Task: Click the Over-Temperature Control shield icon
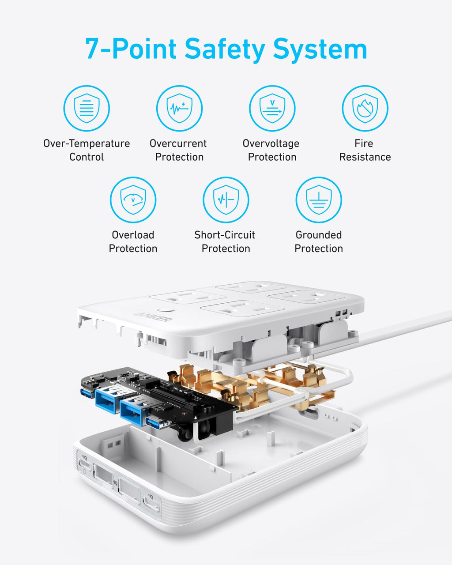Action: pos(87,108)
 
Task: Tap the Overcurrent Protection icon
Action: pos(179,108)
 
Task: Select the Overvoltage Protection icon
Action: pos(272,108)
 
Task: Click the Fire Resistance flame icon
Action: pos(365,108)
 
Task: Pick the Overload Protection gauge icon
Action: pos(133,200)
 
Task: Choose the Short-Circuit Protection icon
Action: pos(226,200)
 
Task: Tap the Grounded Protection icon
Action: pos(318,200)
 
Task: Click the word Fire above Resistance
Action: pos(364,143)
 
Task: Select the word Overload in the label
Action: pos(133,235)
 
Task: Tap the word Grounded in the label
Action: pos(318,235)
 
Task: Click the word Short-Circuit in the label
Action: pos(225,235)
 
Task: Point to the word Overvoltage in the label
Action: pos(271,143)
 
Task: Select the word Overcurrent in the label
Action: pos(178,143)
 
